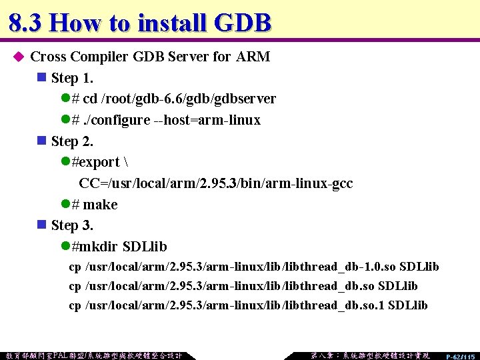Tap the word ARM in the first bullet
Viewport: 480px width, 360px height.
point(253,57)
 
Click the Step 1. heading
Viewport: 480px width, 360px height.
point(72,78)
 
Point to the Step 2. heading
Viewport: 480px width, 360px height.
point(72,141)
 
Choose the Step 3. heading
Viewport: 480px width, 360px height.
point(72,225)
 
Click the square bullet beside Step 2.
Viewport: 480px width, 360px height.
point(42,141)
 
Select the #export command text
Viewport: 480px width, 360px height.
point(95,163)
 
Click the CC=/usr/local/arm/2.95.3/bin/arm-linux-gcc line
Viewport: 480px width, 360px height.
point(215,183)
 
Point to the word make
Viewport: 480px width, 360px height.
point(100,205)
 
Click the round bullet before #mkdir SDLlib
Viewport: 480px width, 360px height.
point(65,247)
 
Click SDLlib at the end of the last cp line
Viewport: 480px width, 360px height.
point(407,305)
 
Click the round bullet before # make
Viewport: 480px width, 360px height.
point(65,205)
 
